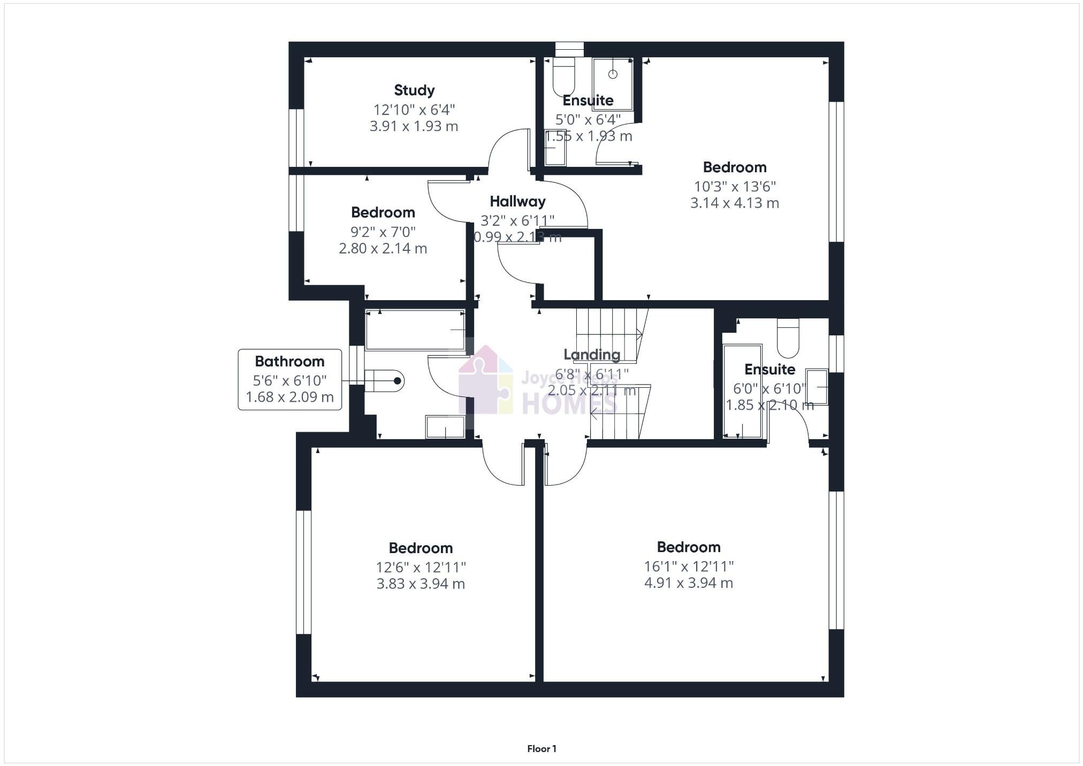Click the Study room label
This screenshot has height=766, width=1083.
tap(414, 90)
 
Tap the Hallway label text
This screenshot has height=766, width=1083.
tap(517, 202)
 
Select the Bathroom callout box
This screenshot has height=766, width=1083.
tap(289, 379)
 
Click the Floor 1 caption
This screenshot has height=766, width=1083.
tap(541, 749)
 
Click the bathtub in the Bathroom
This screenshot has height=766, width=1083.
tap(415, 330)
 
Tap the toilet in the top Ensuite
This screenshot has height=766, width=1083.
tap(563, 78)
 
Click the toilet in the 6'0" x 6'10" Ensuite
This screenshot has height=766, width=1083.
tap(788, 338)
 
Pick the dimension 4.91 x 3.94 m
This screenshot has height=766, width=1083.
tap(688, 583)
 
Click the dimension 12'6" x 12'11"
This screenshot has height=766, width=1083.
tap(421, 567)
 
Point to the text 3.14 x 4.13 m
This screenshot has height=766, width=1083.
tap(734, 203)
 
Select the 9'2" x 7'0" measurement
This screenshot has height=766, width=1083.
tap(383, 232)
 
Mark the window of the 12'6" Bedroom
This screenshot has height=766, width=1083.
tap(303, 572)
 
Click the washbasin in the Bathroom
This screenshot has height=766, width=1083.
tap(445, 427)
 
